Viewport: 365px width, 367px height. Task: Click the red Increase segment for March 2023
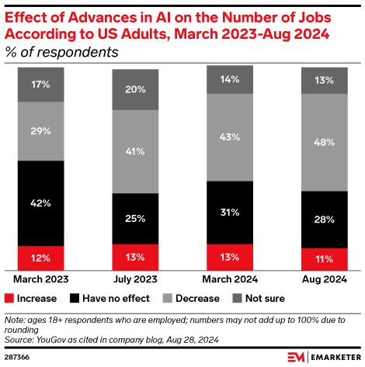click(x=41, y=257)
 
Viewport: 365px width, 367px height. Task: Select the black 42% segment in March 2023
click(x=41, y=203)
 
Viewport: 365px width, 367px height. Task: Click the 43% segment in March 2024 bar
click(x=230, y=137)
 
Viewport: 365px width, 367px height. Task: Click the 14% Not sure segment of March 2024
click(x=230, y=79)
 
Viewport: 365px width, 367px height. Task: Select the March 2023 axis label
click(x=41, y=278)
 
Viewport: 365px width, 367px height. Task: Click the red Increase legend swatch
click(x=10, y=297)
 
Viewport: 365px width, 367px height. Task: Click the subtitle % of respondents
click(x=62, y=53)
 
